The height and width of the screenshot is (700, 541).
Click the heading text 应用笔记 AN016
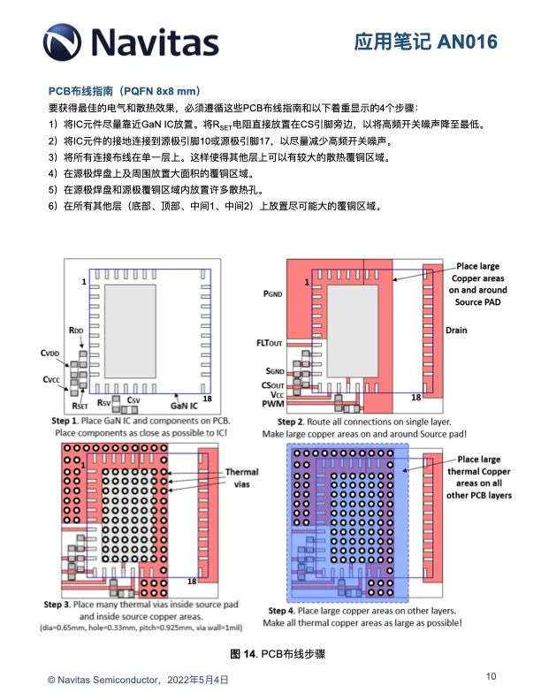pyautogui.click(x=425, y=42)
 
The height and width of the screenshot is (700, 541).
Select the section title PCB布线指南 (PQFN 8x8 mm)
pyautogui.click(x=124, y=91)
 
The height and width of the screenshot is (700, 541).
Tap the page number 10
pyautogui.click(x=491, y=676)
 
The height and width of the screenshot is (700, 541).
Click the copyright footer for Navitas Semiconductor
pyautogui.click(x=138, y=680)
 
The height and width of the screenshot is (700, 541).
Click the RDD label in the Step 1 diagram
pyautogui.click(x=77, y=330)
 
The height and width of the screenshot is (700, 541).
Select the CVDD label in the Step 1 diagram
pyautogui.click(x=50, y=353)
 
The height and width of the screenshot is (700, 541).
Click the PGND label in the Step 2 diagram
pyautogui.click(x=273, y=293)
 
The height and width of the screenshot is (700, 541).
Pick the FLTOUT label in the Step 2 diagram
pyautogui.click(x=269, y=341)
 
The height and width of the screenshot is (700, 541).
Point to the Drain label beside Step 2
pyautogui.click(x=456, y=331)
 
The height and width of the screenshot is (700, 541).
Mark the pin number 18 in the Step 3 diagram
pyautogui.click(x=191, y=581)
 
